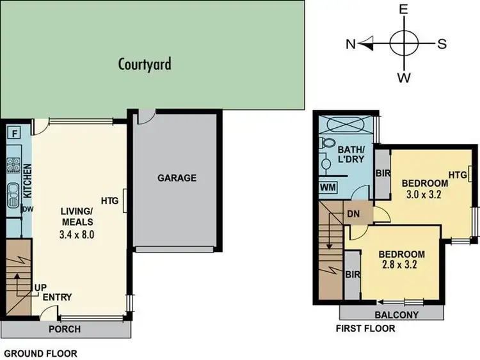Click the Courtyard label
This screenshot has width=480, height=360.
pos(145,64)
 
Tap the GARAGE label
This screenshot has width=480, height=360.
pos(177,178)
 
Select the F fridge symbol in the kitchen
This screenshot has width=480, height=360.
pos(13,134)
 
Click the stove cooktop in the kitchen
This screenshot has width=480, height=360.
pos(13,165)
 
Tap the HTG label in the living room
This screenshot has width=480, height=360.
pos(110,200)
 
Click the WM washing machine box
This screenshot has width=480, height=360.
pos(328,187)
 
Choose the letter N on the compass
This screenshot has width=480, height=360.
pos(351,44)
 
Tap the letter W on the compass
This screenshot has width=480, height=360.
pos(404,78)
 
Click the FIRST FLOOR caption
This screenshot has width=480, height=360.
pos(365,329)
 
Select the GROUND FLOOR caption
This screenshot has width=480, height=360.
pos(41,353)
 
